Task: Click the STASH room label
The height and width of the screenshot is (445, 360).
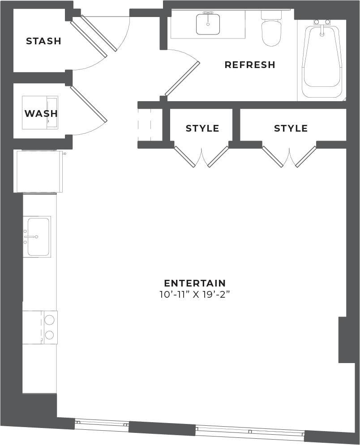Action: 43,41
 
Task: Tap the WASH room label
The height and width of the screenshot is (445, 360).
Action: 41,114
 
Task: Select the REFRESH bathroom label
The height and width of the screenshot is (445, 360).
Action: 250,65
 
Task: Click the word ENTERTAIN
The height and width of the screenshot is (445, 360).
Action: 195,283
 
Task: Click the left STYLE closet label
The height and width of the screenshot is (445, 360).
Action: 202,128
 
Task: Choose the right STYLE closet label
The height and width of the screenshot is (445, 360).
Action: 291,128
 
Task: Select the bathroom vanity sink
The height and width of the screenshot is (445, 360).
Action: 208,24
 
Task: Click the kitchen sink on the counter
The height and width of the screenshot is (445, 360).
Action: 38,236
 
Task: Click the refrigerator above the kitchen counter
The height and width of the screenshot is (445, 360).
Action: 39,171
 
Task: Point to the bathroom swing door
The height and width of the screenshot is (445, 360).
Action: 183,78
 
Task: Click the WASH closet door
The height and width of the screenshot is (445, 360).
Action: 89,104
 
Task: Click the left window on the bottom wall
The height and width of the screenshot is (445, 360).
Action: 102,424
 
